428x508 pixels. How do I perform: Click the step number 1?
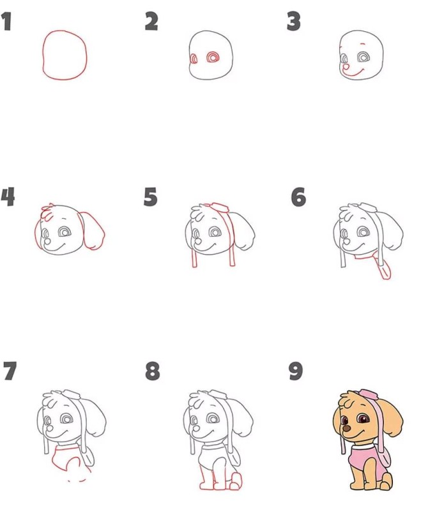point(7,22)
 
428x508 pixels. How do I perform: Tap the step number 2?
point(151,22)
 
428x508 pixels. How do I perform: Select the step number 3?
point(294,22)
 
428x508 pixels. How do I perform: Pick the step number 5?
point(151,197)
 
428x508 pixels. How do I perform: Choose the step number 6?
point(298,197)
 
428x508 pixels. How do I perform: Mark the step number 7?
point(10,371)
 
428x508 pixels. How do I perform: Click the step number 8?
point(153,371)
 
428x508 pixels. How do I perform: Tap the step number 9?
point(296,371)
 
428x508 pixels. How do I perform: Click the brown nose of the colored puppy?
point(347,429)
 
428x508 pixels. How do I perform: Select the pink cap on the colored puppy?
point(368,394)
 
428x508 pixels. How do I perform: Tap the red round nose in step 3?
point(346,67)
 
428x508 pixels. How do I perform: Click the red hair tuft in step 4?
point(48,212)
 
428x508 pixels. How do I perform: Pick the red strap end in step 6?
point(385,271)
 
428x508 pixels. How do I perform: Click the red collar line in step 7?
point(66,449)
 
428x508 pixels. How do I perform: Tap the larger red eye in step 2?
point(213,57)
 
